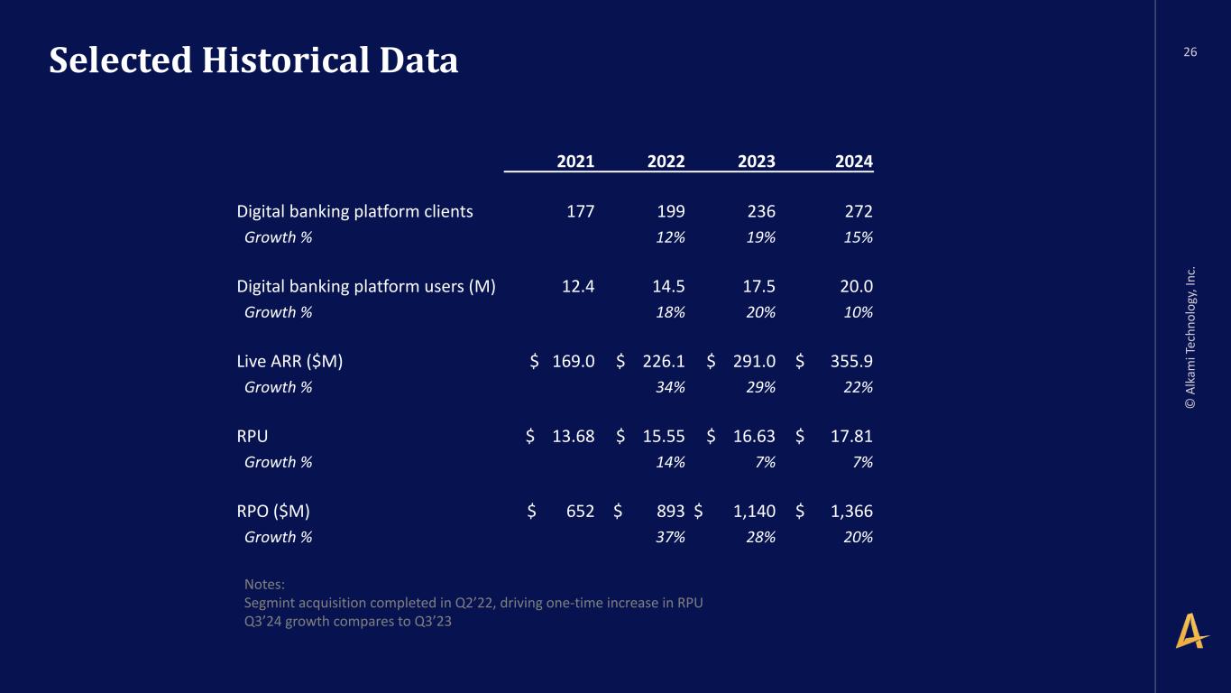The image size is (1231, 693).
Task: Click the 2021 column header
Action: tap(575, 162)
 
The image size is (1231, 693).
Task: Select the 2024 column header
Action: tap(853, 162)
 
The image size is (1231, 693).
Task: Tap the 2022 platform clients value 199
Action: tap(671, 211)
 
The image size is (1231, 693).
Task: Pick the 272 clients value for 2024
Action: tap(859, 211)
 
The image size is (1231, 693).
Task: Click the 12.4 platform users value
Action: tap(577, 286)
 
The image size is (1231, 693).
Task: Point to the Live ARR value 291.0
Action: tap(754, 361)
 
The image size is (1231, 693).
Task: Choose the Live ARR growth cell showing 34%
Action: tap(670, 387)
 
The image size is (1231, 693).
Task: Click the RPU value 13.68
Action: tap(574, 436)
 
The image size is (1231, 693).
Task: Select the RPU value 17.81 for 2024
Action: tap(851, 436)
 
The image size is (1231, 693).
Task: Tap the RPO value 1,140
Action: tap(754, 512)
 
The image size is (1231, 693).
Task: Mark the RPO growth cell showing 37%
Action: tap(670, 537)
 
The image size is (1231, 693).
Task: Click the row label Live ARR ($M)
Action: tap(289, 361)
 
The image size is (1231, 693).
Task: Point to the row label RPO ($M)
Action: tap(273, 512)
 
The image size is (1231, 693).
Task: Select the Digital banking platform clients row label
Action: tap(354, 212)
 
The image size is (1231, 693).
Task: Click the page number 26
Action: tap(1190, 52)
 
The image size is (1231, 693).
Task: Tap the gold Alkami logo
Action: tap(1190, 632)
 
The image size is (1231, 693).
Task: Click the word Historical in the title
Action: tap(286, 60)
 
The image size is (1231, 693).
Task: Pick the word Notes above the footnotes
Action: tap(264, 584)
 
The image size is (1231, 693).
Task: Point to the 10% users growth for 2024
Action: tap(858, 312)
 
